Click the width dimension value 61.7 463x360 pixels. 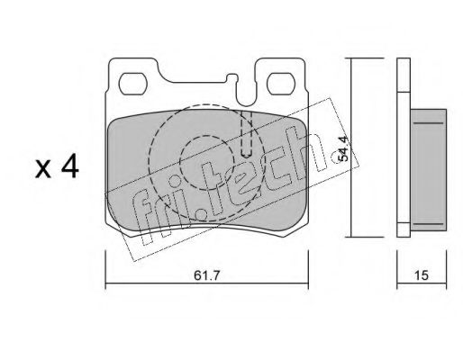click(207, 275)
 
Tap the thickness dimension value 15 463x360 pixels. click(422, 275)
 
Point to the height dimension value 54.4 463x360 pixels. click(343, 148)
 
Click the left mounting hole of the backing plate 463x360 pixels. click(132, 84)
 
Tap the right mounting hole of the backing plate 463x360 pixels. click(280, 84)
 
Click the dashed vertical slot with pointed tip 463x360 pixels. click(247, 134)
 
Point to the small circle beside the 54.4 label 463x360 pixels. click(336, 157)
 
